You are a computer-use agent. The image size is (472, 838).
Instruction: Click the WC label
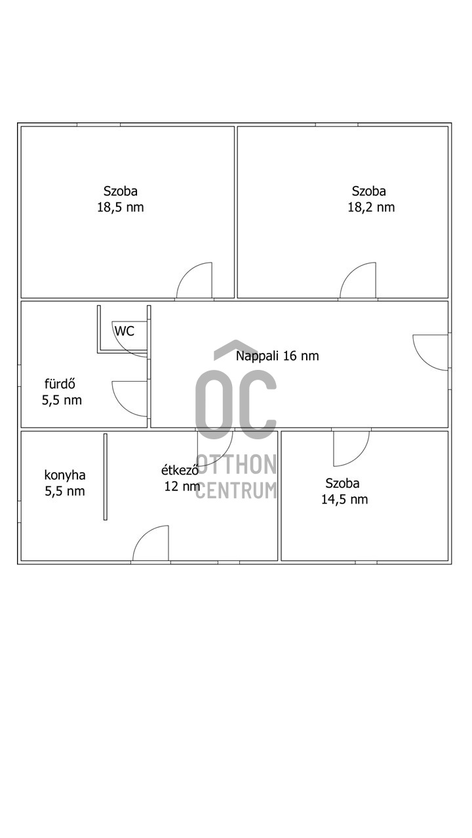pyautogui.click(x=125, y=331)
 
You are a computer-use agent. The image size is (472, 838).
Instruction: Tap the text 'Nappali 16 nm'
pyautogui.click(x=277, y=356)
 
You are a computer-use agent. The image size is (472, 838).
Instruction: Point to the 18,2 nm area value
pyautogui.click(x=371, y=208)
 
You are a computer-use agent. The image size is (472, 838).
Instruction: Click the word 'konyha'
pyautogui.click(x=64, y=475)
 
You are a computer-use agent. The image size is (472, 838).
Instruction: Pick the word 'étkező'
pyautogui.click(x=180, y=470)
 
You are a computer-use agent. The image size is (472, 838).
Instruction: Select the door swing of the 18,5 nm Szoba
pyautogui.click(x=196, y=280)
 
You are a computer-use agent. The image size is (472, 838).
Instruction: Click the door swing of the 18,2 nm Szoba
pyautogui.click(x=359, y=280)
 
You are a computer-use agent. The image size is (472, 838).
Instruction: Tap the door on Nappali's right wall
pyautogui.click(x=431, y=352)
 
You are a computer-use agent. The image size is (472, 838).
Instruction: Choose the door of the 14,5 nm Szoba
pyautogui.click(x=350, y=447)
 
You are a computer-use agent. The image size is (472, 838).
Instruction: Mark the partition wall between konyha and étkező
pyautogui.click(x=105, y=477)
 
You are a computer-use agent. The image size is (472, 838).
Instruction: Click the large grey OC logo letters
pyautogui.click(x=235, y=404)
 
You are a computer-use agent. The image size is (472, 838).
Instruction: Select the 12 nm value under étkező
pyautogui.click(x=182, y=486)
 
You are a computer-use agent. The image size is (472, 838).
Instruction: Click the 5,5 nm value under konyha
pyautogui.click(x=64, y=492)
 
